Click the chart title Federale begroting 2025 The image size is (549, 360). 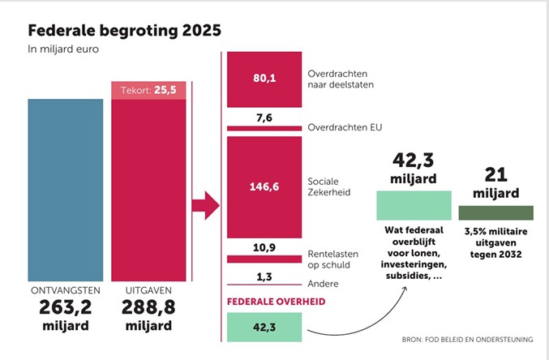pyautogui.click(x=124, y=31)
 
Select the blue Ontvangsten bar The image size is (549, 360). pyautogui.click(x=66, y=190)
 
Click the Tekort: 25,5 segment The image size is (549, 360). pyautogui.click(x=148, y=89)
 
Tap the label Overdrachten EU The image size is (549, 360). pyautogui.click(x=345, y=128)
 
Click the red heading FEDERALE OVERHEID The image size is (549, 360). pyautogui.click(x=274, y=302)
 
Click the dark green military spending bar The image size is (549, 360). pyautogui.click(x=495, y=212)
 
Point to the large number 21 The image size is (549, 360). pyautogui.click(x=495, y=174)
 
